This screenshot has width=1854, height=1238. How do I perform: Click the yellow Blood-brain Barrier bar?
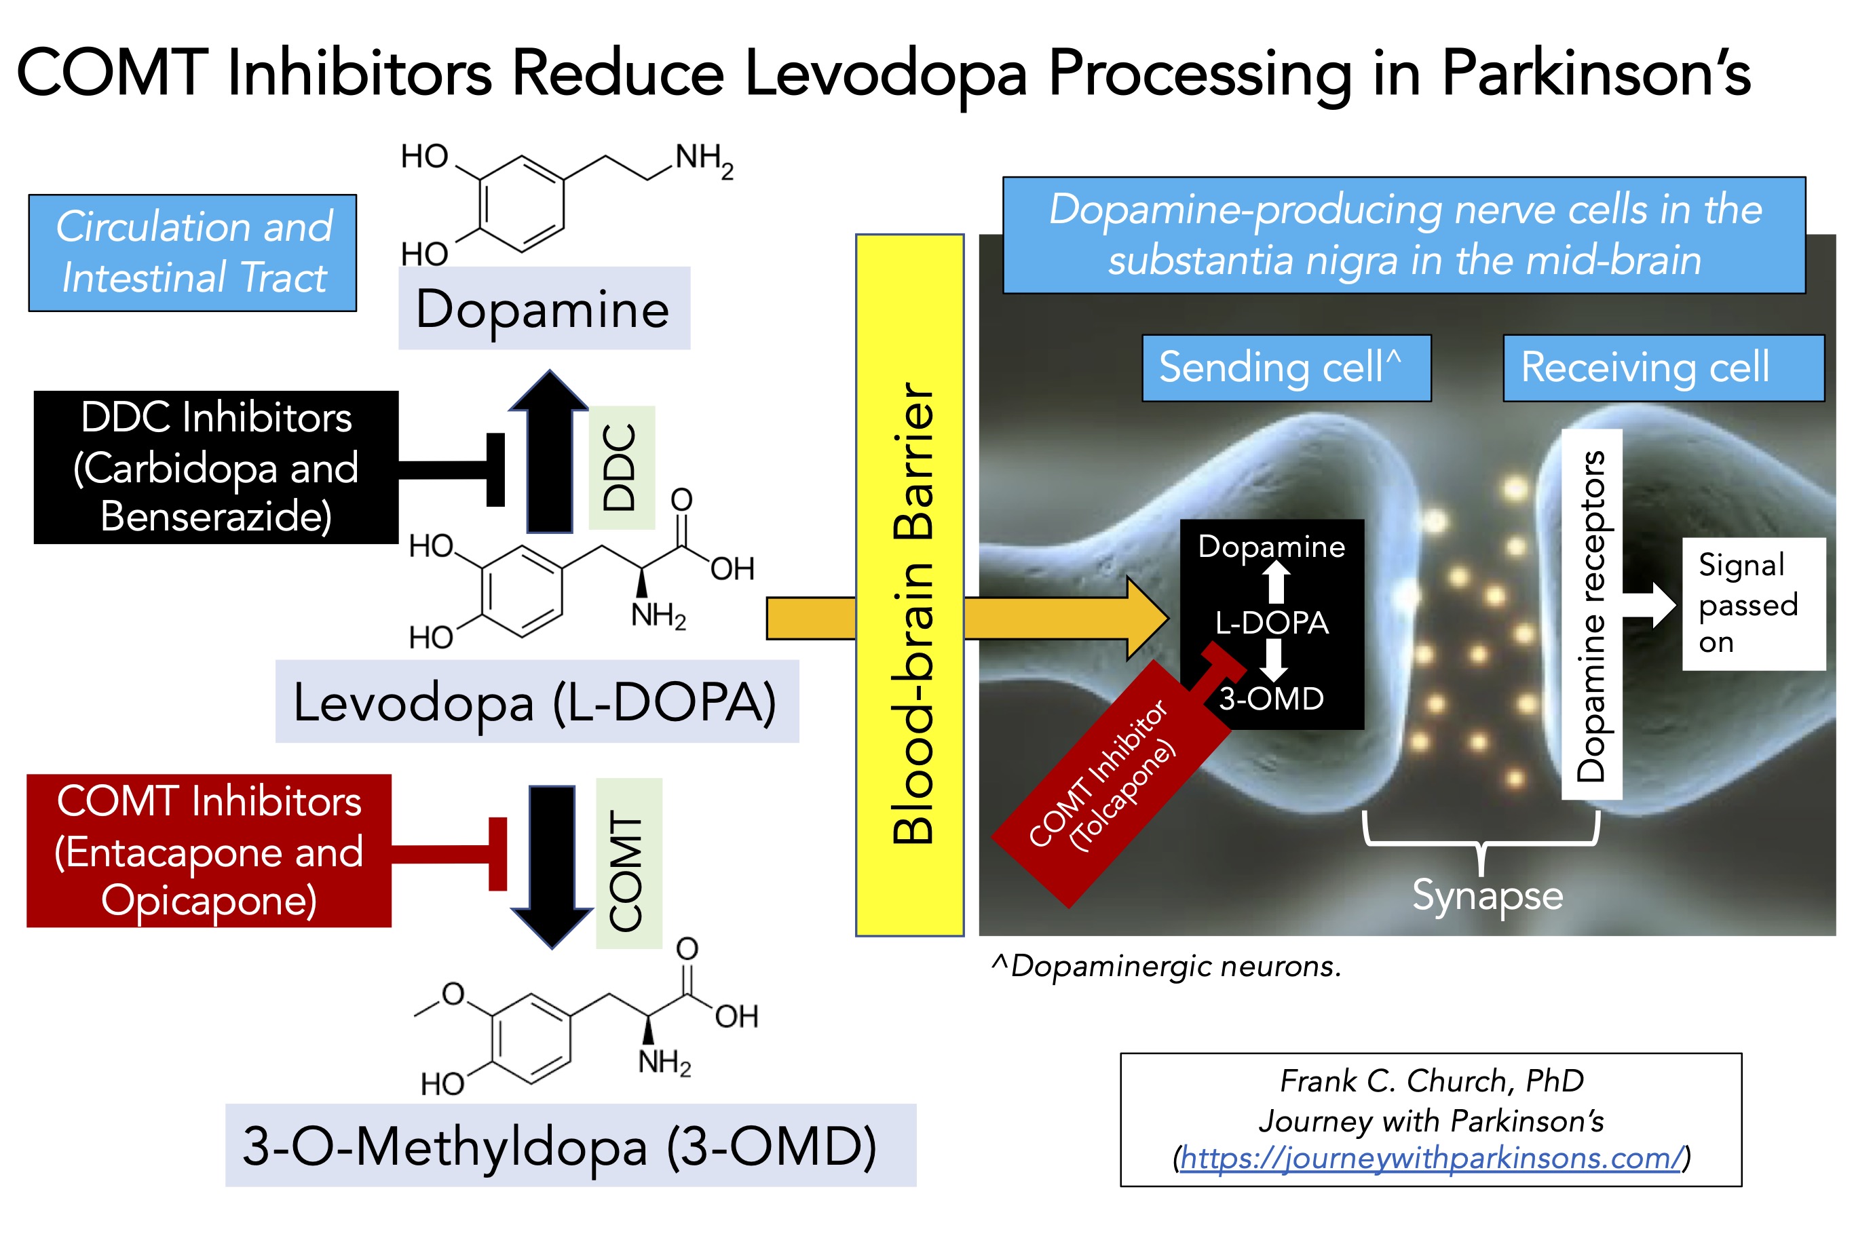909,584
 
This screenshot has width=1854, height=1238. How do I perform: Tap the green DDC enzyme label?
622,467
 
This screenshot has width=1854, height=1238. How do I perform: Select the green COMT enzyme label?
628,863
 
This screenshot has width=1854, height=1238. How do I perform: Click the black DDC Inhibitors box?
216,467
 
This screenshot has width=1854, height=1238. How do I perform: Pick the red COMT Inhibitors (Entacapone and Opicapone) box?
208,851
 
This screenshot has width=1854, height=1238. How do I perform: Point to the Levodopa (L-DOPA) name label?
536,701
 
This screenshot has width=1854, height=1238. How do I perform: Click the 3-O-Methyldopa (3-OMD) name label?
570,1145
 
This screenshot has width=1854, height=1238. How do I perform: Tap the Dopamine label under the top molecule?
544,308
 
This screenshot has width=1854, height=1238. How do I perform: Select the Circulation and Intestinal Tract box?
193,252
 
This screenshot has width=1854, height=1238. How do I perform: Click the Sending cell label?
1285,368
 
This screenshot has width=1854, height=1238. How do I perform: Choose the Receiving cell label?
1662,368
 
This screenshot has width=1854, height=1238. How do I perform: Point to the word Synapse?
1487,895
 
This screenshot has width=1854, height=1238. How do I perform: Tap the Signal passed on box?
1753,604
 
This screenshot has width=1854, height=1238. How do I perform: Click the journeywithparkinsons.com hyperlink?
1431,1157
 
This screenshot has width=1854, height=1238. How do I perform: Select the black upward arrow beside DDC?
550,458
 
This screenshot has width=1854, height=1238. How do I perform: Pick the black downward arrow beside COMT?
551,861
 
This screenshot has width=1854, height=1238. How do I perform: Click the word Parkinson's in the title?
1595,73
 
